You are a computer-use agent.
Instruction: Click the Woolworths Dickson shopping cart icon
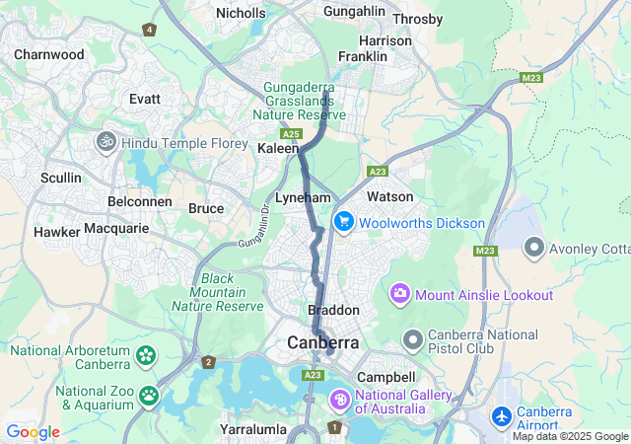(344, 221)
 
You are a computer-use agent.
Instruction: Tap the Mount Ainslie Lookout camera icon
(400, 293)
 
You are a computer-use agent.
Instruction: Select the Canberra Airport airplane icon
(502, 417)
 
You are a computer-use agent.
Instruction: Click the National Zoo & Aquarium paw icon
(149, 396)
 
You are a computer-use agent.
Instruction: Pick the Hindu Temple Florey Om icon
(106, 142)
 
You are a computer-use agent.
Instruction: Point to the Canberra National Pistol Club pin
(413, 340)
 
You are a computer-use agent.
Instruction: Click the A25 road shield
(290, 132)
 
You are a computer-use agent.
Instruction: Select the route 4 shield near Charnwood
(149, 30)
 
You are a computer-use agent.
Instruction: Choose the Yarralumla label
(253, 429)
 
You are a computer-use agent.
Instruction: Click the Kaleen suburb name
(277, 148)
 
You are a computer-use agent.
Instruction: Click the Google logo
(33, 432)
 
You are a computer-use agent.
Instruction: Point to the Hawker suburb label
(56, 232)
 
